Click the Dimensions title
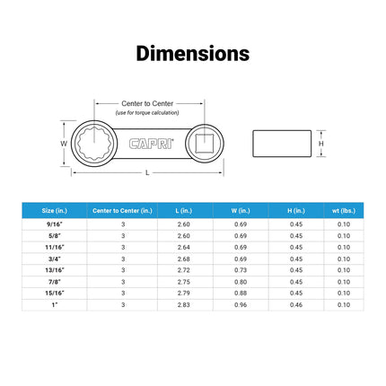click(193, 54)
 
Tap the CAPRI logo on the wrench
click(152, 144)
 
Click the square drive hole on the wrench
click(205, 144)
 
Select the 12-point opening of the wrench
click(94, 144)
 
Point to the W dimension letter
click(64, 144)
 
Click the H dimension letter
click(321, 144)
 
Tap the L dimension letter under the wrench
click(147, 172)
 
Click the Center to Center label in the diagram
click(147, 103)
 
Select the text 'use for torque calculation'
click(147, 113)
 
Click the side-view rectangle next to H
click(282, 144)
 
